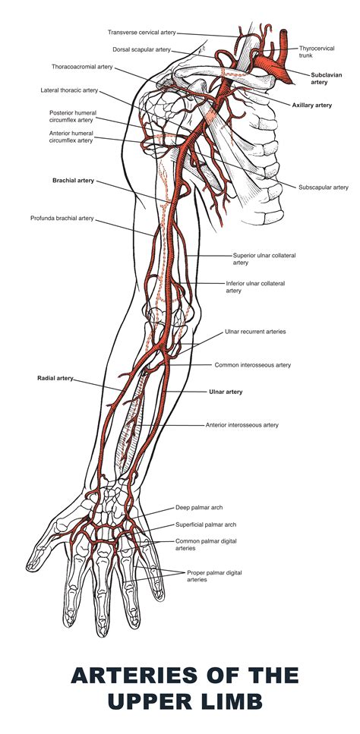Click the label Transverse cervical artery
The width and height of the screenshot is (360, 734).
[x=141, y=33]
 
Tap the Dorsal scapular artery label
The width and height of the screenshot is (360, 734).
[x=142, y=49]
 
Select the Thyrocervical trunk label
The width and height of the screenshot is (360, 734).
[x=315, y=52]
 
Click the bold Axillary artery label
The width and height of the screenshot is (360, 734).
[x=311, y=105]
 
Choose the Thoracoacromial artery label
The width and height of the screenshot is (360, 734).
[x=82, y=67]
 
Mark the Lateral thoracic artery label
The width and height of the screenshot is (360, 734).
[x=69, y=90]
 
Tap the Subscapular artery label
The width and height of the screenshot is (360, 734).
[x=323, y=187]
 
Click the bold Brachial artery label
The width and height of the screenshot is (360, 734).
[x=73, y=181]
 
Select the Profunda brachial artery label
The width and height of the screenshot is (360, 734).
[x=62, y=218]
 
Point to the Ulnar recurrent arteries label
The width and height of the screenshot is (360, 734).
[x=255, y=332]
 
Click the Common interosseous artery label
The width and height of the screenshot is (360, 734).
[x=252, y=364]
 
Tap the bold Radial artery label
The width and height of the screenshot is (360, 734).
[x=55, y=377]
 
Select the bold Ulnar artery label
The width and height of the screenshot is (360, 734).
[x=226, y=392]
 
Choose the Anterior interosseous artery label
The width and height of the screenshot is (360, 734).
[x=242, y=425]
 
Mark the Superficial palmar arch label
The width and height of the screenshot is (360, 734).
[x=206, y=524]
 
